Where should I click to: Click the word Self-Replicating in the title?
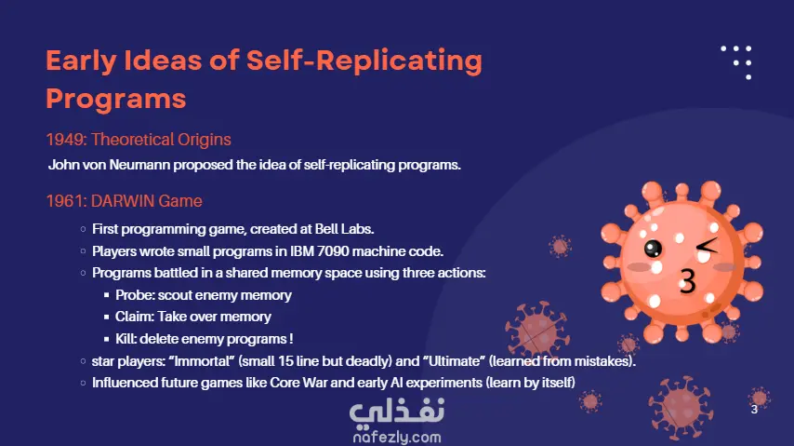click(364, 61)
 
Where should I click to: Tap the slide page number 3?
click(754, 410)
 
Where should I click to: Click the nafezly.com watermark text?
click(397, 437)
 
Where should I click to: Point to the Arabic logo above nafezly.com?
click(397, 411)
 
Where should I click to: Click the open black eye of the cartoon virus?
click(653, 248)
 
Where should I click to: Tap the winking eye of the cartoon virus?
click(707, 246)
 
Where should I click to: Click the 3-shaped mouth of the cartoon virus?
click(687, 281)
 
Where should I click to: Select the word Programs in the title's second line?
click(116, 100)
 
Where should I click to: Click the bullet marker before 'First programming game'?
click(83, 229)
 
